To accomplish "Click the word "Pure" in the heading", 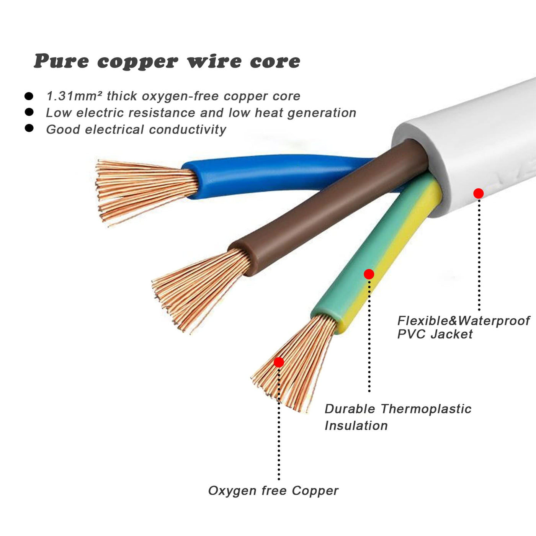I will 61,61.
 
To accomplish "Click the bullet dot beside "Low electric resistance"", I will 29,112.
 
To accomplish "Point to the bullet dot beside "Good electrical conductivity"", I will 29,128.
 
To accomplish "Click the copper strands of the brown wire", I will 199,287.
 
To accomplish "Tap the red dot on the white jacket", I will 478,194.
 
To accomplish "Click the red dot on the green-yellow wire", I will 369,274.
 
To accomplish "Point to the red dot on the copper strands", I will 279,362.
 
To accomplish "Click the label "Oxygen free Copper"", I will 273,491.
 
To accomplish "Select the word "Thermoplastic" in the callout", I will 426,409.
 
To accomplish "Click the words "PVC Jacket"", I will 435,334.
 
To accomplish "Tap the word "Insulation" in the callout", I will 356,426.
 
